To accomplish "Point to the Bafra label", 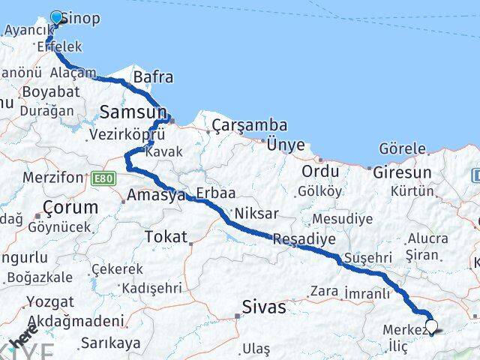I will (x=153, y=76).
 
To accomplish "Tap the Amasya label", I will (x=156, y=195).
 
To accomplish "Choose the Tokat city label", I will (x=166, y=237).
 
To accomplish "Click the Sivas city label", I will (x=265, y=307).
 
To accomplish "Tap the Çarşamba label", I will (x=238, y=124).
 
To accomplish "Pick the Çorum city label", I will (x=70, y=207).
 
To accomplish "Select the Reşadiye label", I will (x=304, y=239).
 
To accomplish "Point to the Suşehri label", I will (x=367, y=256).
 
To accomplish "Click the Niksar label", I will (x=256, y=214).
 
